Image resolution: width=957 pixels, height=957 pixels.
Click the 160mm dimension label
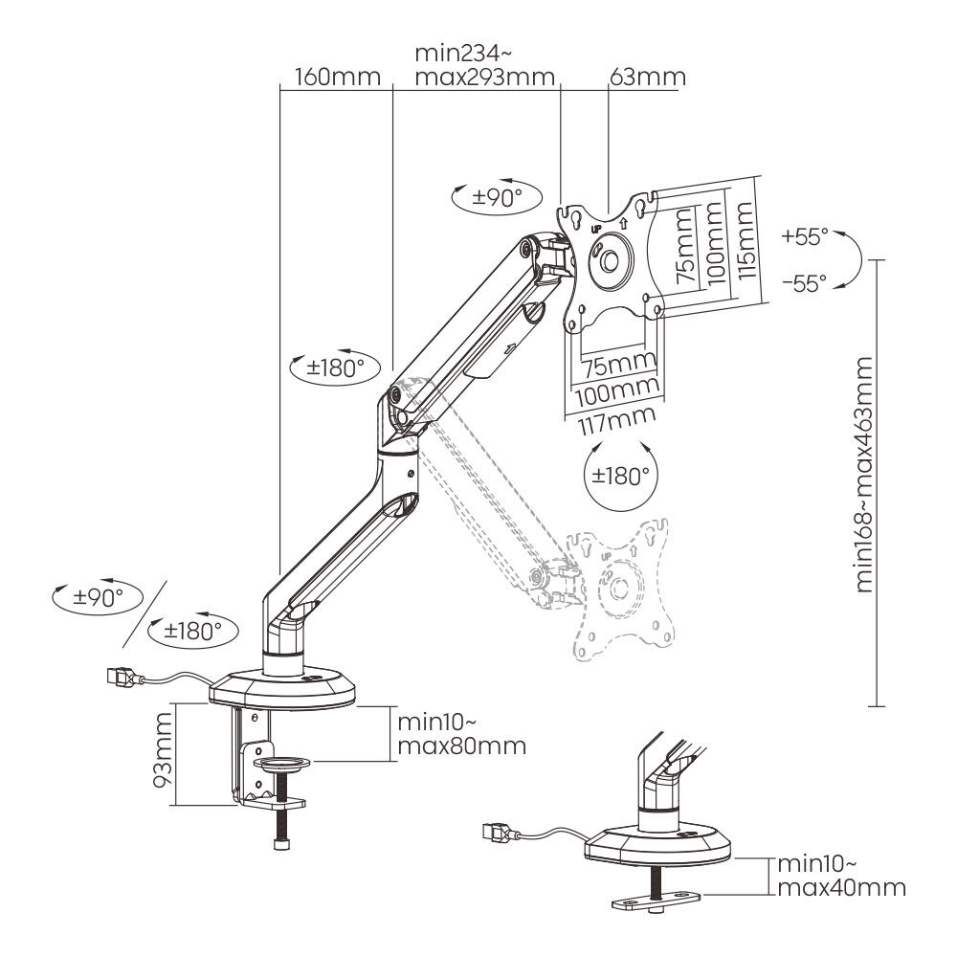coord(338,77)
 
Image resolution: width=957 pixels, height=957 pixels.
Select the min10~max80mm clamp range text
coord(459,732)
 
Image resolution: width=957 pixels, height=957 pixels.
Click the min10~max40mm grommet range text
coord(840,875)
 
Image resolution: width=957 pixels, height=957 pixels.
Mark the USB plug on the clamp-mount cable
coord(120,679)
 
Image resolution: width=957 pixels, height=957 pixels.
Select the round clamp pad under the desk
coord(283,764)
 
